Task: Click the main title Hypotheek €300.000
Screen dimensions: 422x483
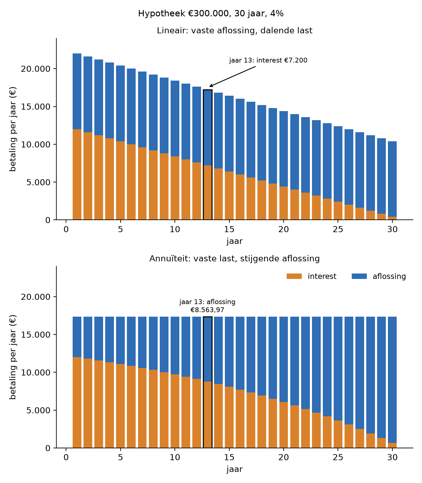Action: (x=211, y=14)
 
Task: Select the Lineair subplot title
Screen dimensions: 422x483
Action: (x=235, y=30)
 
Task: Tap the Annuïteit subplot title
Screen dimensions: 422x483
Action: (x=235, y=259)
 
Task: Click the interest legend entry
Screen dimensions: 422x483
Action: (x=311, y=276)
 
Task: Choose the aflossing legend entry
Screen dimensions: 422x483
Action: (x=379, y=276)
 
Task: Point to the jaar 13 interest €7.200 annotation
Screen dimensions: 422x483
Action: (x=268, y=60)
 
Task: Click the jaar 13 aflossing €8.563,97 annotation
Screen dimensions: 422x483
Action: (x=207, y=306)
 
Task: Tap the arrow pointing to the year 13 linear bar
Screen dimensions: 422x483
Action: (x=232, y=76)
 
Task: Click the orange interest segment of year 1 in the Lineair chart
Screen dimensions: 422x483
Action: (x=77, y=174)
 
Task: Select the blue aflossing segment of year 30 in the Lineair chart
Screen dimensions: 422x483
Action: (x=392, y=179)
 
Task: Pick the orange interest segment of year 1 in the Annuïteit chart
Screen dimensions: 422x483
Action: (x=77, y=402)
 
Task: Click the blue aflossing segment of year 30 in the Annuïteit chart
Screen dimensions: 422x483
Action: (x=392, y=380)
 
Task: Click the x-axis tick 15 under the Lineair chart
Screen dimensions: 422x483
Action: (x=229, y=229)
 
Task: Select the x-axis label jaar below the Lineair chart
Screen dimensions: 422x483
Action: (x=235, y=241)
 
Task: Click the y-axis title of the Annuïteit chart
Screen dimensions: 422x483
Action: (x=13, y=357)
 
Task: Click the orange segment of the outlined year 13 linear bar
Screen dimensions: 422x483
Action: (x=207, y=193)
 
